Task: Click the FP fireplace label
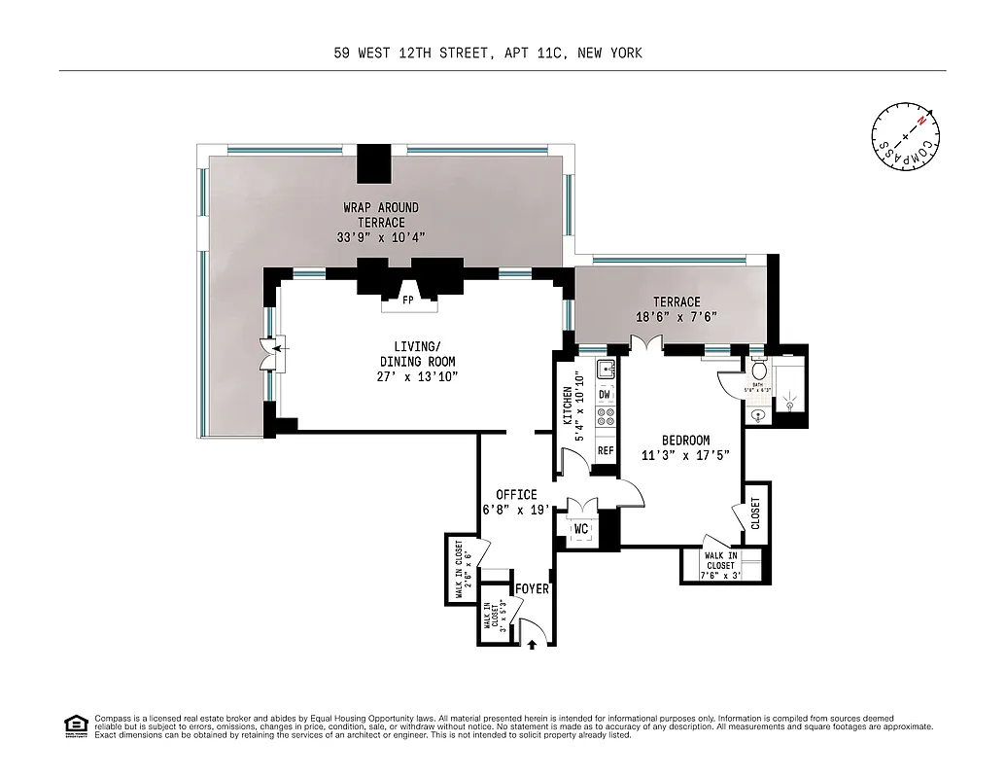point(408,301)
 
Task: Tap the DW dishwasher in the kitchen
point(605,394)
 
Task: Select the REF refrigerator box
point(605,450)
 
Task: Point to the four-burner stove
point(605,418)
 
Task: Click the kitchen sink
point(605,369)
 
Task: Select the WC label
point(582,529)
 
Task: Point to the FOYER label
point(532,589)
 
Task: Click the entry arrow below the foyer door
point(532,642)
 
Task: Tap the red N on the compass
point(931,115)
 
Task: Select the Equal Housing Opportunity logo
point(74,724)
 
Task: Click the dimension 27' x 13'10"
point(417,377)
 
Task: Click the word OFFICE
point(516,495)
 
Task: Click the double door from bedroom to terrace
point(646,343)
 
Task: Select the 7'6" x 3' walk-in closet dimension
point(720,574)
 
